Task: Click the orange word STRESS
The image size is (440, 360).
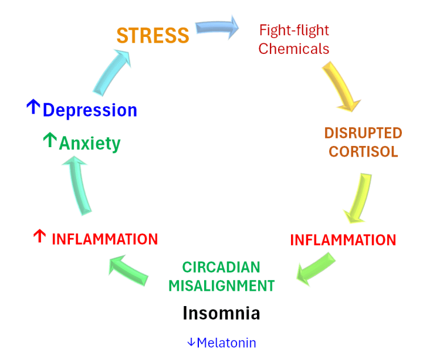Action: (153, 35)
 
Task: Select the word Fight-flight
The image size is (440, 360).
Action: (294, 30)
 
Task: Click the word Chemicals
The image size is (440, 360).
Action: (293, 49)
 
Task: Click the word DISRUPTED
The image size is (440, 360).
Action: (363, 133)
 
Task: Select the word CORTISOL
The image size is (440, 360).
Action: (363, 151)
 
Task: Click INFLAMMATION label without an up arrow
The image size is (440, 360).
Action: (343, 240)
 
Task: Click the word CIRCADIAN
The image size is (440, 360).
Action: (221, 267)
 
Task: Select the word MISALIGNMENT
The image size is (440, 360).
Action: (221, 286)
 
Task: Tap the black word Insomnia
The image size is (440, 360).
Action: (221, 313)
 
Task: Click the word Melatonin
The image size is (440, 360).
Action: (226, 343)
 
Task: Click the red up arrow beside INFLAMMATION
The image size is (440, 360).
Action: (39, 237)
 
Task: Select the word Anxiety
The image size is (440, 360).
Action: (90, 143)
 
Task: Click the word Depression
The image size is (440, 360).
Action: (90, 110)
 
